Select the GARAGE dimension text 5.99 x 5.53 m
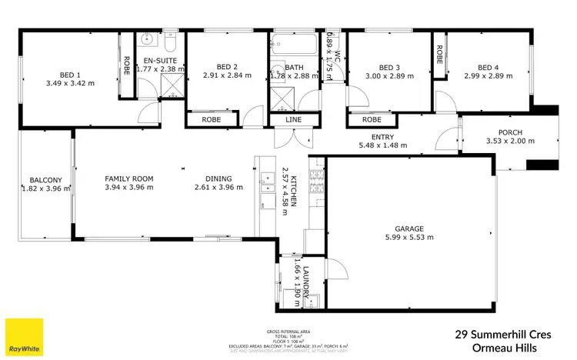pos(409,238)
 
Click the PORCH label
pos(509,131)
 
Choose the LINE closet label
pos(293,120)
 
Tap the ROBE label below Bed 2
pos(212,120)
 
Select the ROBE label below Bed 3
pos(372,120)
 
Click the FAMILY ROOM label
pos(128,178)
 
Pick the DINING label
pos(213,178)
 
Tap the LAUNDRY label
pos(305,281)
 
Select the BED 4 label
pos(483,67)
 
